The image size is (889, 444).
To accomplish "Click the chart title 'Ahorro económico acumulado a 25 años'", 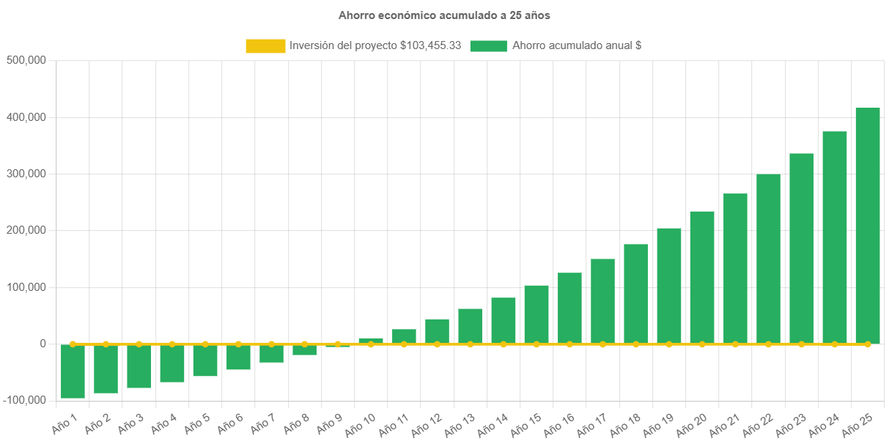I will click(x=444, y=15).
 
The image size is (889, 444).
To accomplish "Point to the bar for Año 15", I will click(x=536, y=314).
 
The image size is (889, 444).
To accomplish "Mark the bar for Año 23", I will click(x=801, y=248).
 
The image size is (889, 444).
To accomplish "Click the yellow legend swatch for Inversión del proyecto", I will click(x=265, y=46).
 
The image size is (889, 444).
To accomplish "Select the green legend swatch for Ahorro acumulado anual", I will click(x=488, y=46).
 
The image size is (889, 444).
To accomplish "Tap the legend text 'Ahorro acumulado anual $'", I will click(x=577, y=45).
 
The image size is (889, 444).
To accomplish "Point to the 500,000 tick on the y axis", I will click(x=26, y=60).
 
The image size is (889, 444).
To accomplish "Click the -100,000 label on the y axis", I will click(x=25, y=400).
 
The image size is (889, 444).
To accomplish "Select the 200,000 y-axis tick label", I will click(x=26, y=230).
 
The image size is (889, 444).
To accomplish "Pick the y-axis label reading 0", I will click(x=43, y=344).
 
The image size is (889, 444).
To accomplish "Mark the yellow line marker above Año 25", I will click(x=868, y=344).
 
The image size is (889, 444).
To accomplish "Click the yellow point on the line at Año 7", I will click(x=271, y=344).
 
